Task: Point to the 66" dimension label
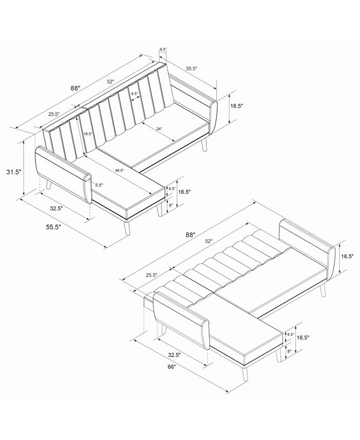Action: pyautogui.click(x=171, y=366)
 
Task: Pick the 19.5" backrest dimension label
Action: pyautogui.click(x=88, y=133)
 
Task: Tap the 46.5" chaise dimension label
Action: pyautogui.click(x=119, y=169)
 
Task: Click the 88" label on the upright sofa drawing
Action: pyautogui.click(x=75, y=88)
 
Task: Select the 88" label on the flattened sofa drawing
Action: pyautogui.click(x=191, y=235)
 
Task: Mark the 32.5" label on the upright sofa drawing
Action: pyautogui.click(x=56, y=209)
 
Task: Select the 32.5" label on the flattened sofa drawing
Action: pyautogui.click(x=174, y=355)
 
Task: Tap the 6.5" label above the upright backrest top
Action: pyautogui.click(x=163, y=49)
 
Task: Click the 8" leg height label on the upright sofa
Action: pyautogui.click(x=171, y=205)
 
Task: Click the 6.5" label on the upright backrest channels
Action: pyautogui.click(x=135, y=94)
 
